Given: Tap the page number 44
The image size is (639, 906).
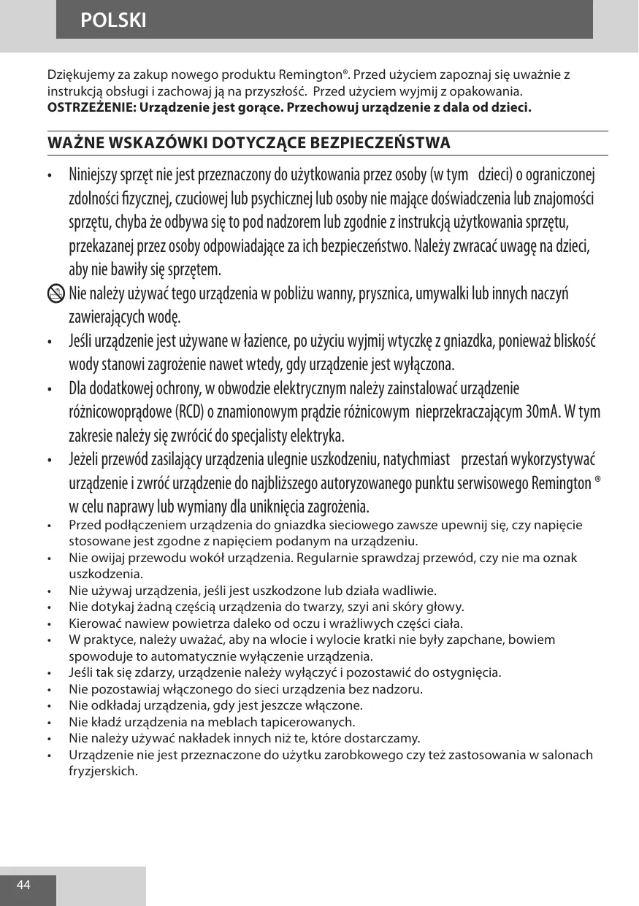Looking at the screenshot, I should pyautogui.click(x=23, y=885).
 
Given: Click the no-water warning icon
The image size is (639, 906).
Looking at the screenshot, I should pyautogui.click(x=55, y=293).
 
